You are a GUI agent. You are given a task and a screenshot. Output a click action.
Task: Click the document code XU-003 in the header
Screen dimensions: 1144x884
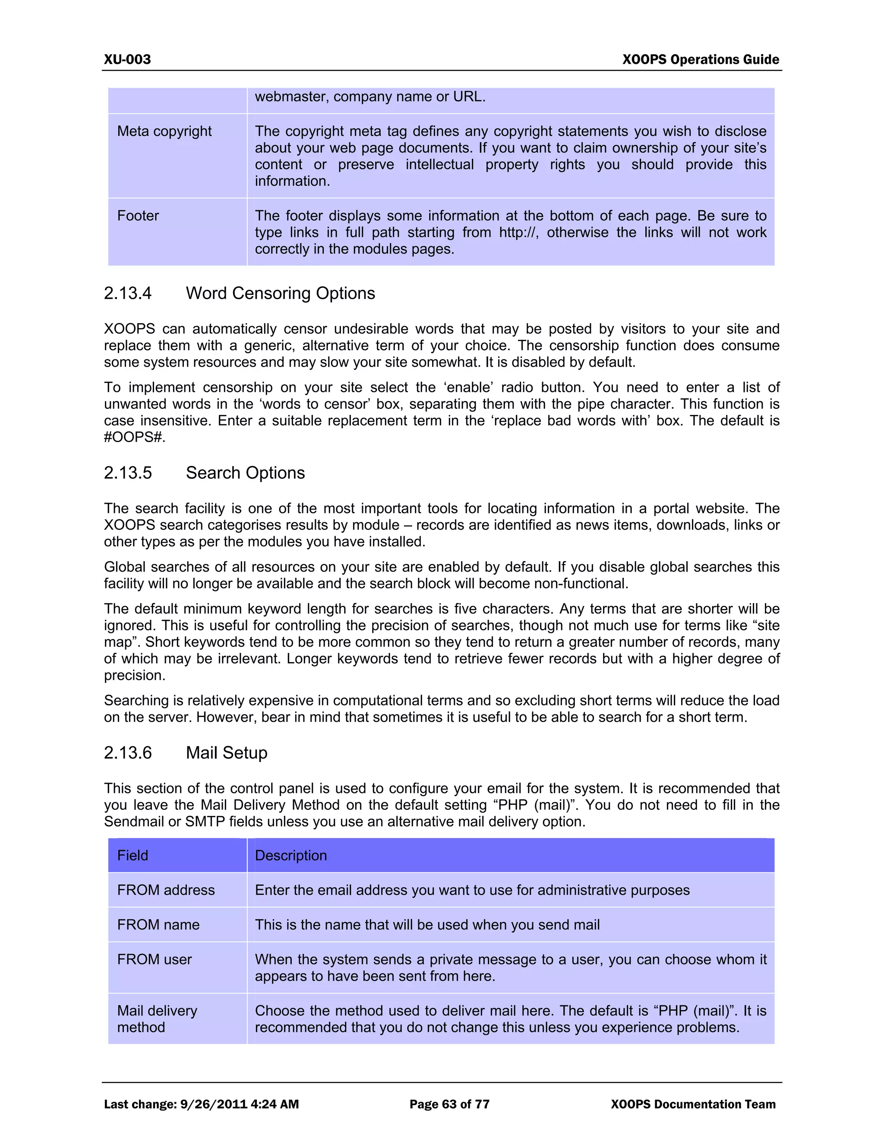[127, 59]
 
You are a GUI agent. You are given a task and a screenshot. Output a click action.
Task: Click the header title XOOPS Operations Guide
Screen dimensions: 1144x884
[700, 59]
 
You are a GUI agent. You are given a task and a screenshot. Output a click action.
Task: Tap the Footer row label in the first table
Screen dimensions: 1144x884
[138, 216]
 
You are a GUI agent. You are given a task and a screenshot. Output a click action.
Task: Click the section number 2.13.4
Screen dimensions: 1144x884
[127, 293]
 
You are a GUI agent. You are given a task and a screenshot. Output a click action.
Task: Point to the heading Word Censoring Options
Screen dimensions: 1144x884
[280, 293]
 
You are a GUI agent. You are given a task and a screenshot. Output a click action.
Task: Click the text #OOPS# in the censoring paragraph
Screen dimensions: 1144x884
[134, 437]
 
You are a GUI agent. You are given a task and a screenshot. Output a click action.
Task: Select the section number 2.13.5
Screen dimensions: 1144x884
[127, 473]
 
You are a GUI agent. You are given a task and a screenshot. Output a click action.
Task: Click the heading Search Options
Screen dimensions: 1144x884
[245, 473]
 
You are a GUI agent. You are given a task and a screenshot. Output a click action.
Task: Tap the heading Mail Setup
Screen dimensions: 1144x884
[226, 753]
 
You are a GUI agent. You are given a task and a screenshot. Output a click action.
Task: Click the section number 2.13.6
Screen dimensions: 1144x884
[127, 753]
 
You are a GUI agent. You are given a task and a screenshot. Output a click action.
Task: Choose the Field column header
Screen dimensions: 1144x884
[133, 855]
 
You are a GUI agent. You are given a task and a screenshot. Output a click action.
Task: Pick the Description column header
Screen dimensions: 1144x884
[290, 855]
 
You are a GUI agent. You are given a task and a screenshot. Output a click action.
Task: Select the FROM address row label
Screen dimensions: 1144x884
[165, 890]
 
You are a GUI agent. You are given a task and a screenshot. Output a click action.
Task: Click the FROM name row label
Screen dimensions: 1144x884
[158, 925]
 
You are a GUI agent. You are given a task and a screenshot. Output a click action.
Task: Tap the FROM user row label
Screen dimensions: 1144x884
[154, 959]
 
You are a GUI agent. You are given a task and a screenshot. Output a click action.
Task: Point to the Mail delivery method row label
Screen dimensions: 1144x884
[157, 1019]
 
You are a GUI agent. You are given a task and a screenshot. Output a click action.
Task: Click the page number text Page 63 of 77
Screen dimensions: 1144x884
[449, 1104]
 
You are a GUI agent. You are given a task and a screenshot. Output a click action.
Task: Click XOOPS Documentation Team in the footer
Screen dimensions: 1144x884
[693, 1104]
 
